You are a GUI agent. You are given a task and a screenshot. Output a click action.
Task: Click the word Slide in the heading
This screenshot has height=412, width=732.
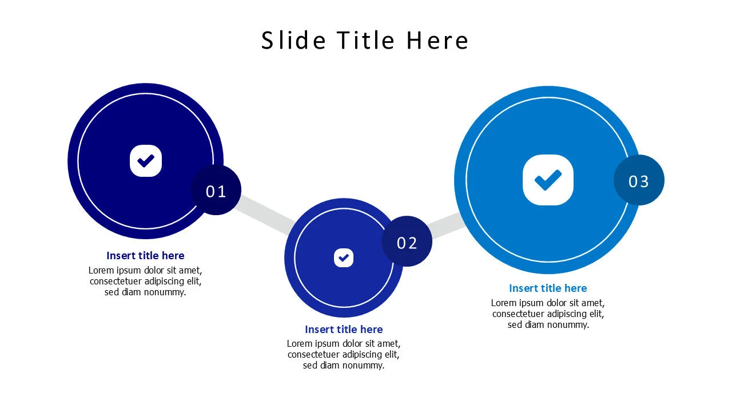(293, 41)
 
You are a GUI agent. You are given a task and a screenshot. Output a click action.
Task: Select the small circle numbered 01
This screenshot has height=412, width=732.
(216, 191)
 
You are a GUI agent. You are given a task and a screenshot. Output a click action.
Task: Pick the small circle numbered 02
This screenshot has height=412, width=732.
(407, 243)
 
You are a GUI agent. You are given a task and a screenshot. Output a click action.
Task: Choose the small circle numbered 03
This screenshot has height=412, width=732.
(639, 181)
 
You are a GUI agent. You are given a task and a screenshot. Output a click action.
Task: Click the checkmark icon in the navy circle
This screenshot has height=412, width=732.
(146, 161)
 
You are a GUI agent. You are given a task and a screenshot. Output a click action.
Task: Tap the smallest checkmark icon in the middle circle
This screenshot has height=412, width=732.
(344, 258)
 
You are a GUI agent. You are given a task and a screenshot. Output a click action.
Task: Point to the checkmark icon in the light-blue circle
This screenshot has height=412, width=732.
(548, 180)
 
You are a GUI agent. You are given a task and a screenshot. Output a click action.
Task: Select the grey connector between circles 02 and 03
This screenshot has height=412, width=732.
(445, 225)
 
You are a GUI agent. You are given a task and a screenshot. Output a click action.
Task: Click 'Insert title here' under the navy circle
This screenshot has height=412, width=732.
(145, 256)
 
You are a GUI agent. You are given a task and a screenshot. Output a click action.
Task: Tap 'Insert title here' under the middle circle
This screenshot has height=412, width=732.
(344, 330)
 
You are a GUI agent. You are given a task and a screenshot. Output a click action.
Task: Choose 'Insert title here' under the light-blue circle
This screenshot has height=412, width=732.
(548, 288)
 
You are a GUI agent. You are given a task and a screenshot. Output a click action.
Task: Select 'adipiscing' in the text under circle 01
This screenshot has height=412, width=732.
(166, 281)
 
